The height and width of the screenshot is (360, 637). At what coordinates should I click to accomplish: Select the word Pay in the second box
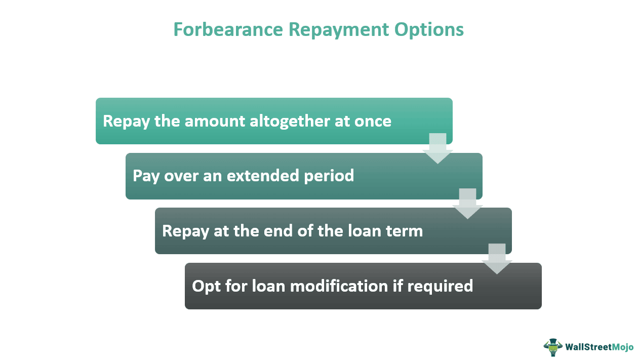(x=144, y=176)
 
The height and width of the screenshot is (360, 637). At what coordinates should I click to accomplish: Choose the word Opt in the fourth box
(x=205, y=286)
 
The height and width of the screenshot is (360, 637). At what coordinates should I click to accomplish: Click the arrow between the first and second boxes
(x=437, y=148)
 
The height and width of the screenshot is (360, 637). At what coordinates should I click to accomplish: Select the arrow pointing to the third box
(x=467, y=204)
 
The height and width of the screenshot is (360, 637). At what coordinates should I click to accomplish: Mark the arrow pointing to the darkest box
(x=497, y=259)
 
